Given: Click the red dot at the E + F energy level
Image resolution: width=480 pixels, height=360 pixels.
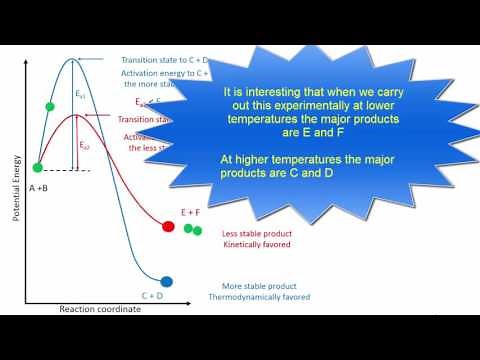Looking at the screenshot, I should [x=168, y=226].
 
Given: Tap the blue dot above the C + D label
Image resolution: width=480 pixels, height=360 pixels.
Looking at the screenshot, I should [x=167, y=282].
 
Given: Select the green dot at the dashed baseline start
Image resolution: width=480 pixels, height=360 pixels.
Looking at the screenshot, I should [x=38, y=167].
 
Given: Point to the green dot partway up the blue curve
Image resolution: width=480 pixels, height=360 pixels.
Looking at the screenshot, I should [x=50, y=105].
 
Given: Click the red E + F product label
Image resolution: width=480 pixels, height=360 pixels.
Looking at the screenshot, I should [x=190, y=212].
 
